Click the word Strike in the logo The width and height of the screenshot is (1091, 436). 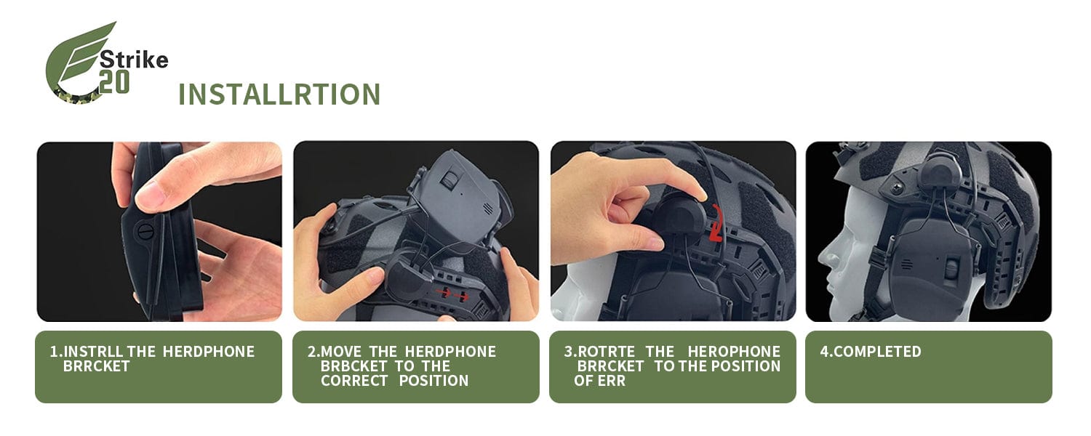(134, 60)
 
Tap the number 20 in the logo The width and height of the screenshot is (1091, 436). (114, 83)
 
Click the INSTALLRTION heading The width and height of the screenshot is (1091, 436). (279, 94)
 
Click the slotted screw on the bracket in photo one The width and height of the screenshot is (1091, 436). (145, 231)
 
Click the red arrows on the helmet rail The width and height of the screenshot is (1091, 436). (452, 294)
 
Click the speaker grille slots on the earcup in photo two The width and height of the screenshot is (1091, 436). (487, 209)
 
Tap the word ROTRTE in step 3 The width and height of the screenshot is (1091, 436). (606, 351)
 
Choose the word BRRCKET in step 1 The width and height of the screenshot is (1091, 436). (97, 366)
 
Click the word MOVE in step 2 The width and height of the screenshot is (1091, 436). (341, 351)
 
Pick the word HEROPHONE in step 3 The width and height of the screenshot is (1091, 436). (734, 351)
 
